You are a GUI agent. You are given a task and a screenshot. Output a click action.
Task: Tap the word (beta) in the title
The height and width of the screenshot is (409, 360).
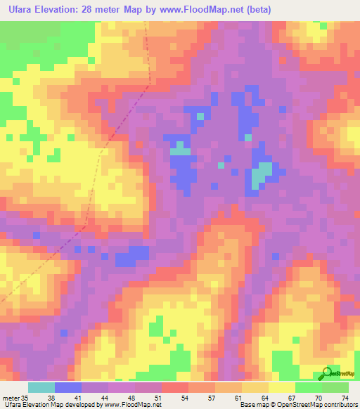[258, 10]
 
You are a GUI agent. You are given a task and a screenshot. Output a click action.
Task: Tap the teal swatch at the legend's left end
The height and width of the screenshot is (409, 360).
[41, 387]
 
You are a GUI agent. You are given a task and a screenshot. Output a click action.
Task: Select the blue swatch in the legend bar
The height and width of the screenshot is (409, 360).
[68, 387]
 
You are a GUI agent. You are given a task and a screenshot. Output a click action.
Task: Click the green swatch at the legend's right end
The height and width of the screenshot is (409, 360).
[335, 387]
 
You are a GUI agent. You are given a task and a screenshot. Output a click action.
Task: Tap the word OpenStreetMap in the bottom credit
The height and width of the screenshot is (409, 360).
[299, 405]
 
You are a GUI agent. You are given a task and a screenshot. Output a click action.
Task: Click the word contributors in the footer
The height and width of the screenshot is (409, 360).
[340, 405]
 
